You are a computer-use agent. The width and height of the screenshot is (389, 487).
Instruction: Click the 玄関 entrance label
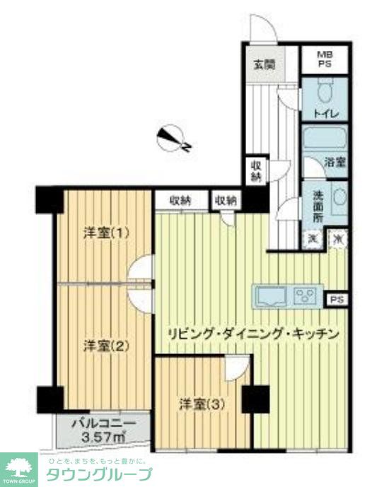click(265, 64)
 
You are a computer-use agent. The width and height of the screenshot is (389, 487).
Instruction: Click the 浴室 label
click(335, 162)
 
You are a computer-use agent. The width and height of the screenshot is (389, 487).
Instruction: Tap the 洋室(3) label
click(202, 404)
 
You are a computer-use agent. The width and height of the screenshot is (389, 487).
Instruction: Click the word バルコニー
click(103, 425)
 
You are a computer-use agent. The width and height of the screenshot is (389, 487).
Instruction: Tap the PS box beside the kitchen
click(336, 300)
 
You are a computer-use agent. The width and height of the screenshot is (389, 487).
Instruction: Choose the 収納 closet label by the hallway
click(255, 171)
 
